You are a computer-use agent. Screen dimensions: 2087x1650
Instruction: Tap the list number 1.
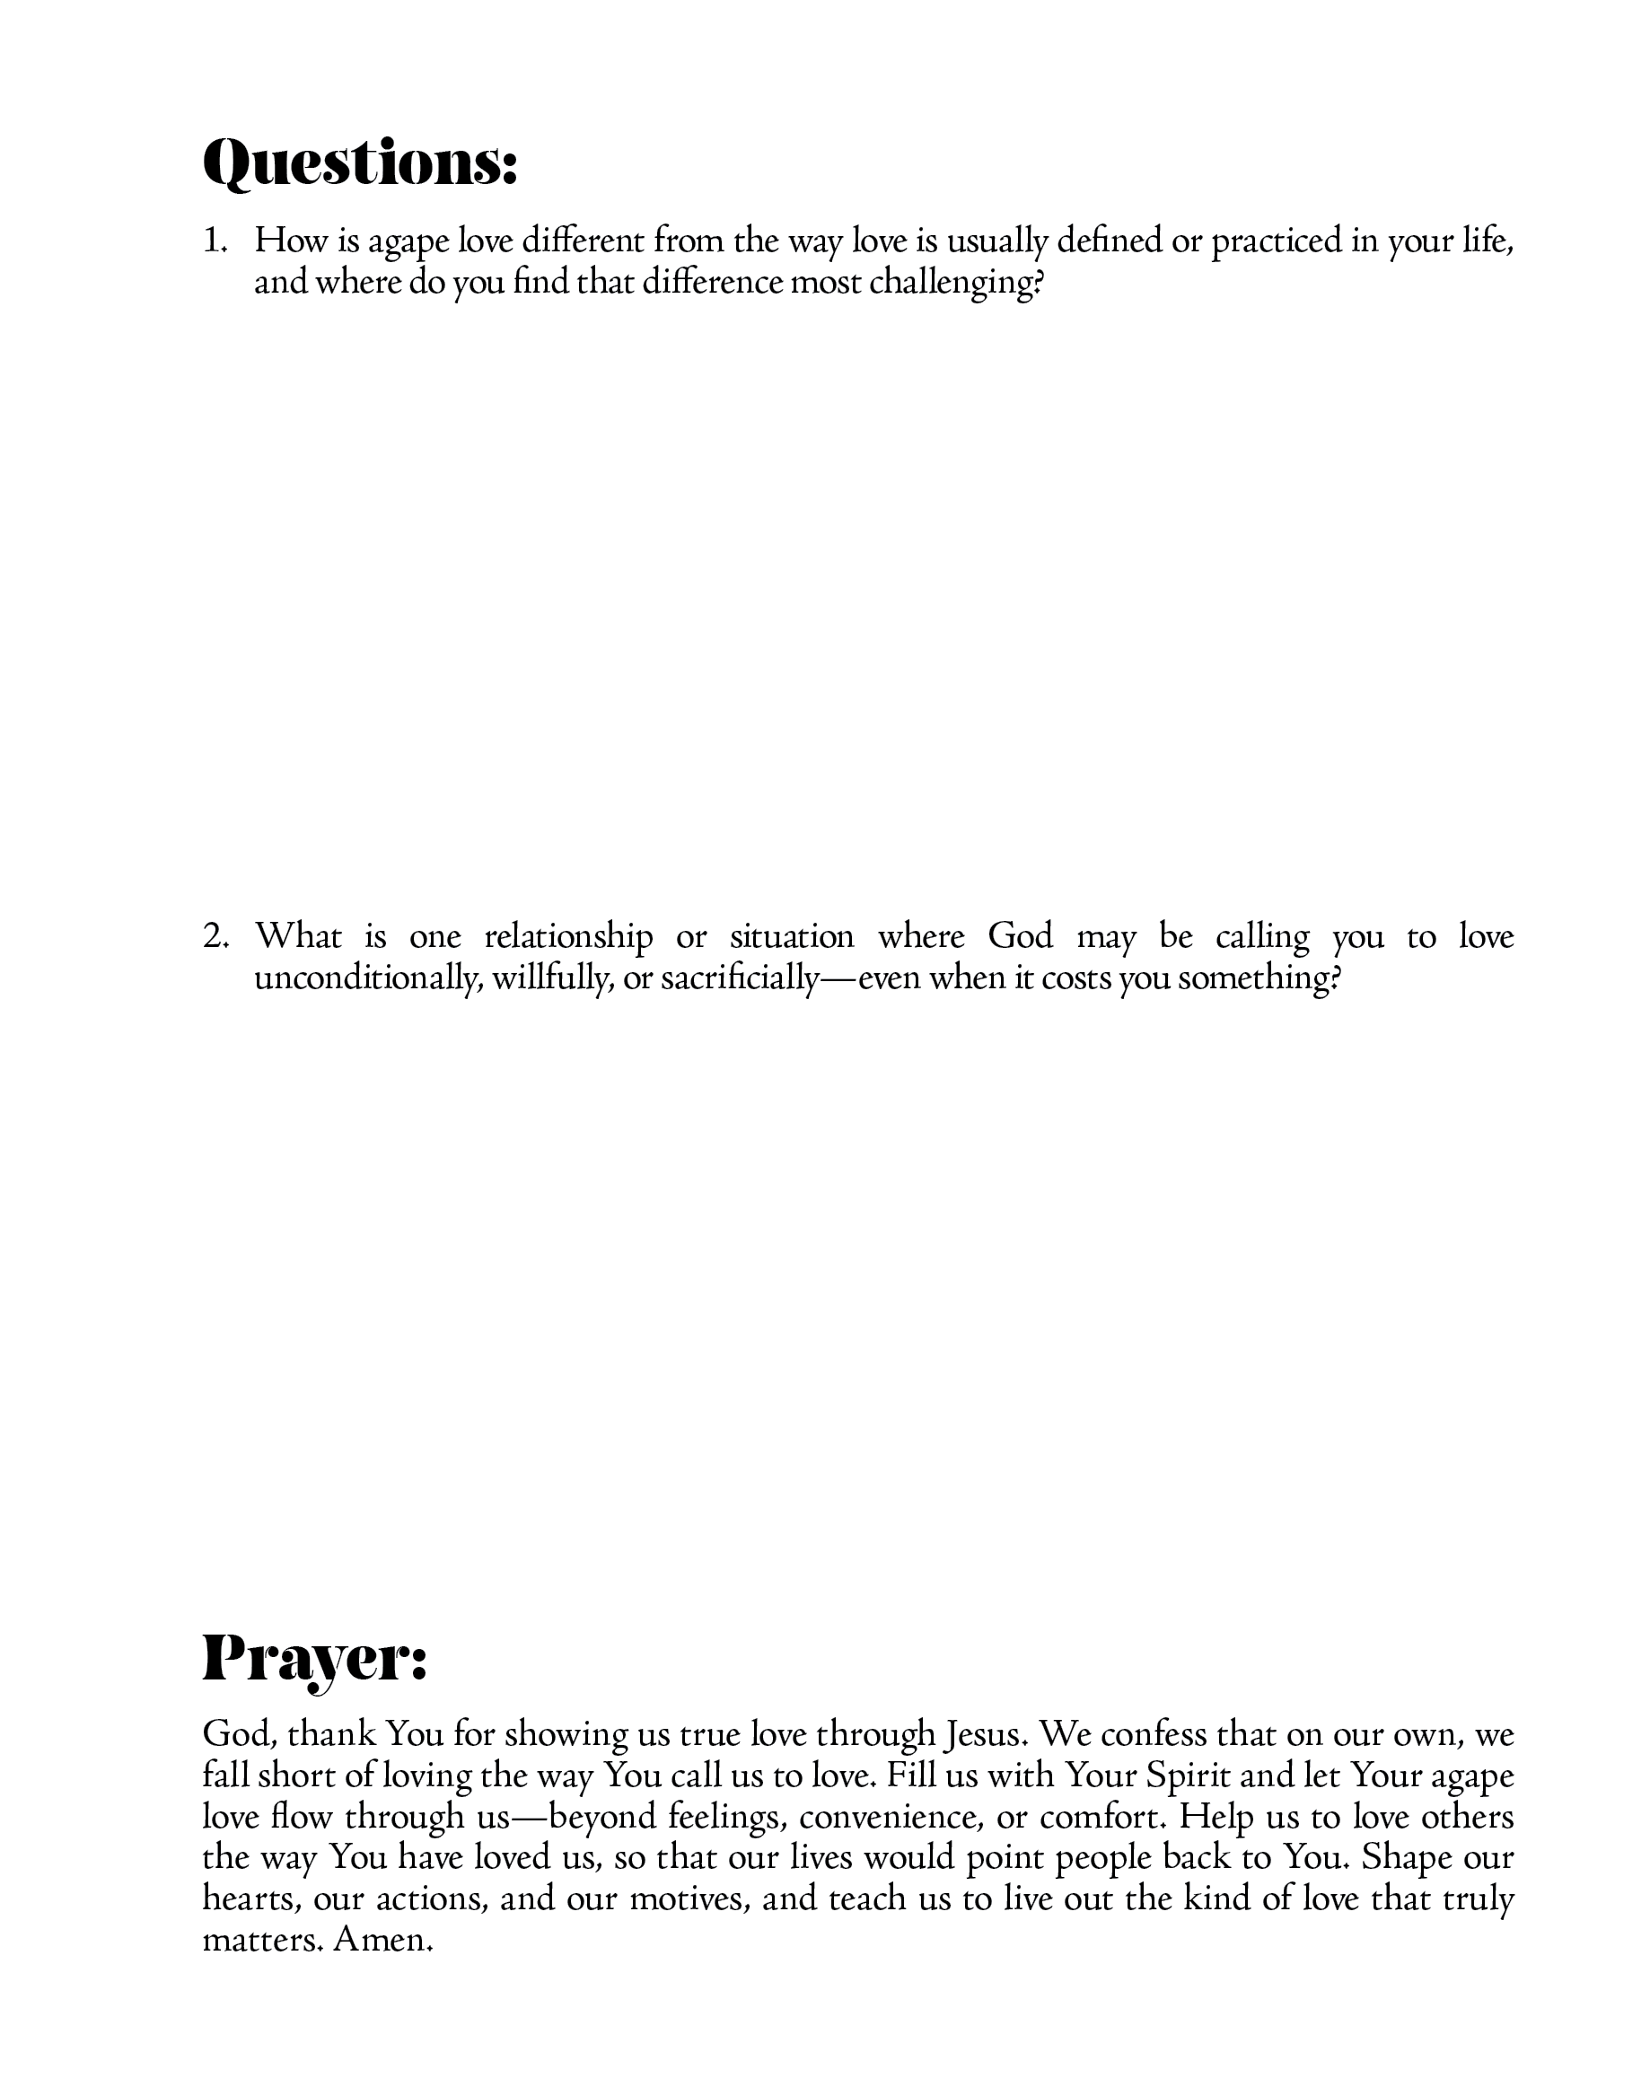click(x=215, y=241)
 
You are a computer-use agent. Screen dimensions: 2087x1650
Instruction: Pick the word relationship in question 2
click(x=568, y=936)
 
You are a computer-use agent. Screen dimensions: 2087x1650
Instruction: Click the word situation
click(x=791, y=936)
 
